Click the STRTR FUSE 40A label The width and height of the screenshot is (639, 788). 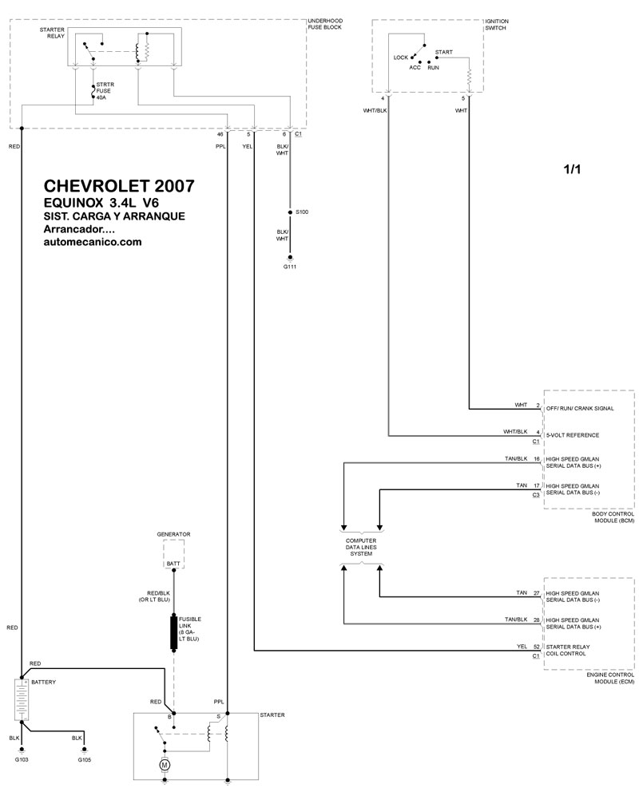[105, 91]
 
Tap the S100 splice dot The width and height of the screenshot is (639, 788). [290, 212]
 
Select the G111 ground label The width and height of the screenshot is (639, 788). [290, 267]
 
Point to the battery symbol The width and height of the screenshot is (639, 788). [22, 699]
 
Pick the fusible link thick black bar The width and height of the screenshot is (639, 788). [174, 632]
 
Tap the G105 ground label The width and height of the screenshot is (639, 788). [85, 760]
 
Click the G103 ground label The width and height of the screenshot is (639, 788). [22, 760]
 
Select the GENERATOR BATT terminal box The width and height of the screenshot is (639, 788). [173, 554]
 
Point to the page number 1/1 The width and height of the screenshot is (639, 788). [572, 169]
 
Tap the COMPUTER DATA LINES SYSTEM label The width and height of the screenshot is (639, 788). [361, 547]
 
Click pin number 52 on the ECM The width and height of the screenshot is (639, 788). [537, 647]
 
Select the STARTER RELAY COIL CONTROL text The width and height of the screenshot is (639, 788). [568, 651]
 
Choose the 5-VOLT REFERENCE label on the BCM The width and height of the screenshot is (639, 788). [573, 435]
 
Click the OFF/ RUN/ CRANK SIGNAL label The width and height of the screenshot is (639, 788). [580, 409]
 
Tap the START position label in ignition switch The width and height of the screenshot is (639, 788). [444, 52]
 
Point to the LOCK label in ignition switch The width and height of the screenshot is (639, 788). [401, 57]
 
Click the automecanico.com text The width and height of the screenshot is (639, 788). [93, 242]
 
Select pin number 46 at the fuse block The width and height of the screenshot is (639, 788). [220, 135]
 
